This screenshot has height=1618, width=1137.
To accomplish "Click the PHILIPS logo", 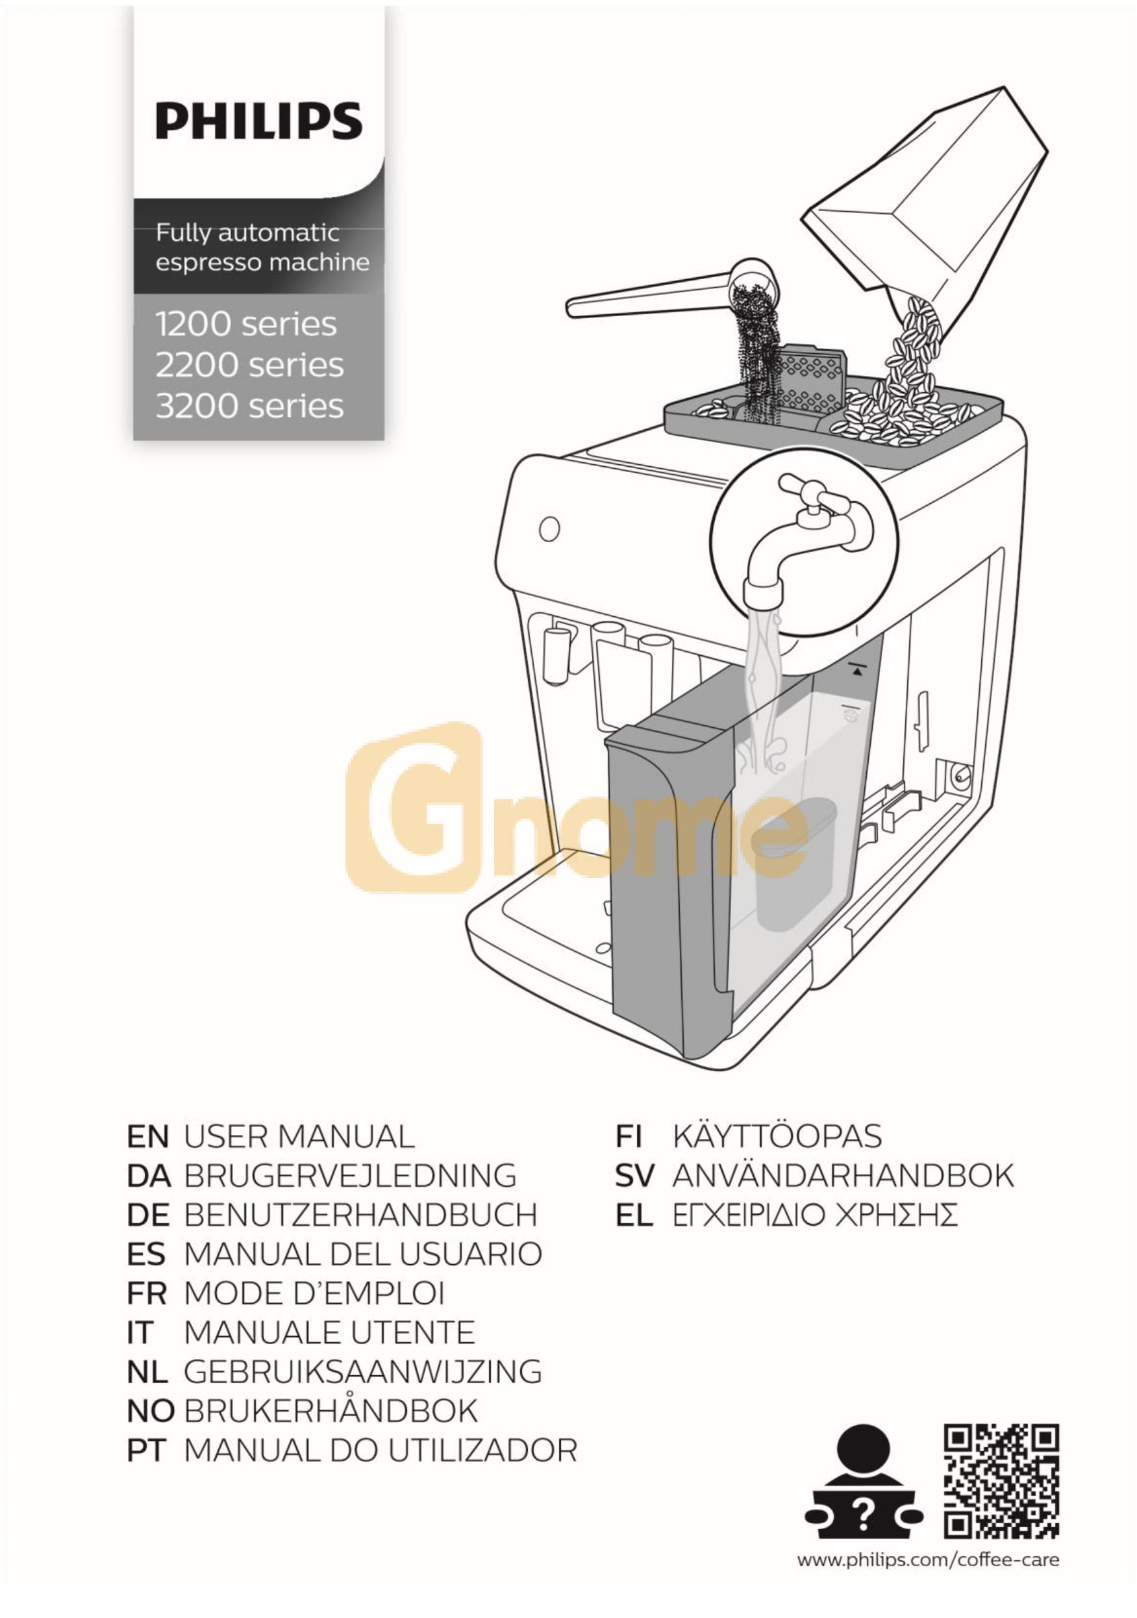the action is (258, 121).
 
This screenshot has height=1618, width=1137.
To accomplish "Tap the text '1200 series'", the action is (246, 324).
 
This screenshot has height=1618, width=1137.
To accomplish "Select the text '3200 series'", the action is (249, 406).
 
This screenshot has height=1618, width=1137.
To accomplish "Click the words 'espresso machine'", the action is (262, 262).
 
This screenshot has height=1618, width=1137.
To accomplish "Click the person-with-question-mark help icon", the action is (864, 1483).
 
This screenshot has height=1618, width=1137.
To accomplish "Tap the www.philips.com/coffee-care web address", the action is (928, 1560).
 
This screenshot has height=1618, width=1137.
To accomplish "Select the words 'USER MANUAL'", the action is (299, 1137).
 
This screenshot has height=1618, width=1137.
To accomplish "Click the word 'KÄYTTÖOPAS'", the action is (777, 1137).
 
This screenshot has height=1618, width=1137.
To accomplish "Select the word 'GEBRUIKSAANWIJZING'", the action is (363, 1371).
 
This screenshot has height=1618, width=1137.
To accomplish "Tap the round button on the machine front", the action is (549, 529).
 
